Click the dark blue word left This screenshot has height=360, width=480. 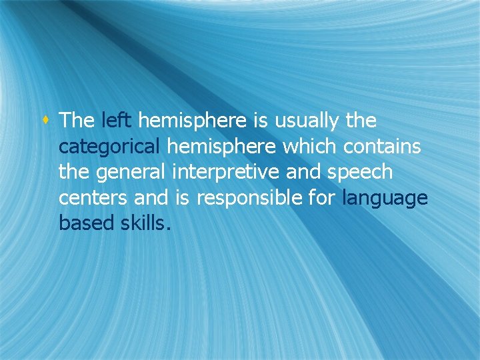117,121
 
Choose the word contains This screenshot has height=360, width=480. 383,146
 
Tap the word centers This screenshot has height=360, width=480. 93,197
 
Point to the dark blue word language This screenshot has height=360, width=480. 384,198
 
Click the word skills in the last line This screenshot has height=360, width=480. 145,223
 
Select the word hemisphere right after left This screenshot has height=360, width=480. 193,121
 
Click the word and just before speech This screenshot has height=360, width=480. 301,172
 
